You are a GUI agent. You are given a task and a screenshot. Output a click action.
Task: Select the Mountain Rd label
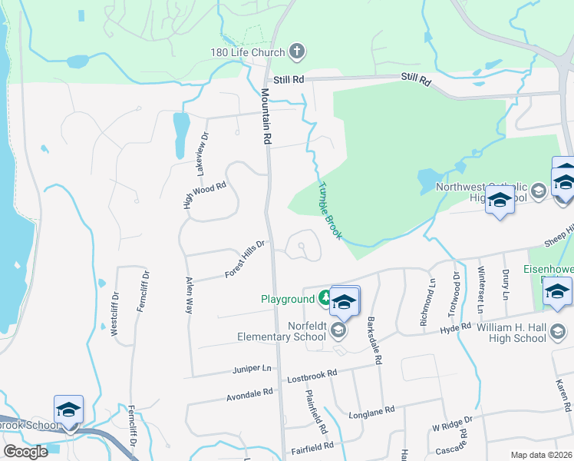[266, 115]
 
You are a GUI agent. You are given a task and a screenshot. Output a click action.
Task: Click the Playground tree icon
[325, 299]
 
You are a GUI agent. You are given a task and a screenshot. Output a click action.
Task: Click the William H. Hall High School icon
[558, 332]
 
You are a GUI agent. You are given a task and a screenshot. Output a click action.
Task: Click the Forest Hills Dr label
[245, 259]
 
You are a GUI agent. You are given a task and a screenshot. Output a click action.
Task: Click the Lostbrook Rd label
[312, 374]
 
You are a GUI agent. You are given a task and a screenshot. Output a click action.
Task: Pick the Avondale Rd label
[249, 393]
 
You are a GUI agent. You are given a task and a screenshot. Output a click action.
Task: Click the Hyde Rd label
[454, 329]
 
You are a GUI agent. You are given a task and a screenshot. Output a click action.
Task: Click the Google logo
[25, 452]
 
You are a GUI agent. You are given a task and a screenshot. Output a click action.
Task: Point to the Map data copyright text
[541, 455]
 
